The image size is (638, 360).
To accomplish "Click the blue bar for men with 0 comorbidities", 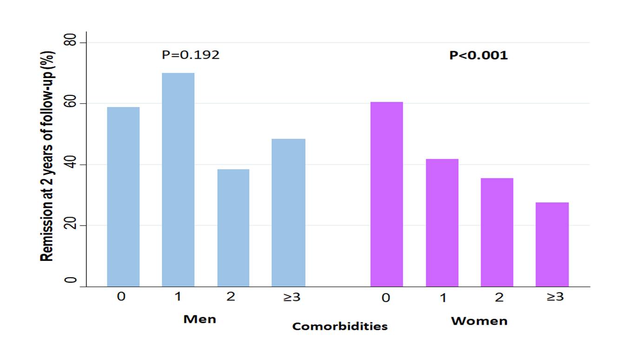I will [x=123, y=197].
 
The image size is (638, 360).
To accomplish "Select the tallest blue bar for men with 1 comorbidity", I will [x=178, y=180].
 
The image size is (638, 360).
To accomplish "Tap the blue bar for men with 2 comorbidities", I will [x=233, y=228].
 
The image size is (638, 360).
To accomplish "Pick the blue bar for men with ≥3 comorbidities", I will [x=288, y=213].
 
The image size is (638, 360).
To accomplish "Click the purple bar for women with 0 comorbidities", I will [x=386, y=194].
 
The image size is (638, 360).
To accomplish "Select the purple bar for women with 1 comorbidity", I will [x=442, y=223].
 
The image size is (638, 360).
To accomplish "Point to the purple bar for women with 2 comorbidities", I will [x=497, y=232].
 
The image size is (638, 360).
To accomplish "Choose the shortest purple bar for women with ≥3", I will [x=552, y=244].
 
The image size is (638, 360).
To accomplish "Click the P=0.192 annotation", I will [x=191, y=55].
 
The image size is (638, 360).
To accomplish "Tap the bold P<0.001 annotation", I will [x=478, y=55].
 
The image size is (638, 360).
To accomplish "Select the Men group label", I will [x=200, y=320].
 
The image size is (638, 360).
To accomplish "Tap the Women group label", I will [x=479, y=321].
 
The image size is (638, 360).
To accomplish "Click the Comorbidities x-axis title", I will [x=339, y=327].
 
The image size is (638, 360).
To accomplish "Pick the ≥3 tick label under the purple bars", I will [x=554, y=297].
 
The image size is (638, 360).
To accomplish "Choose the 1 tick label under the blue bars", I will [x=178, y=296].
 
